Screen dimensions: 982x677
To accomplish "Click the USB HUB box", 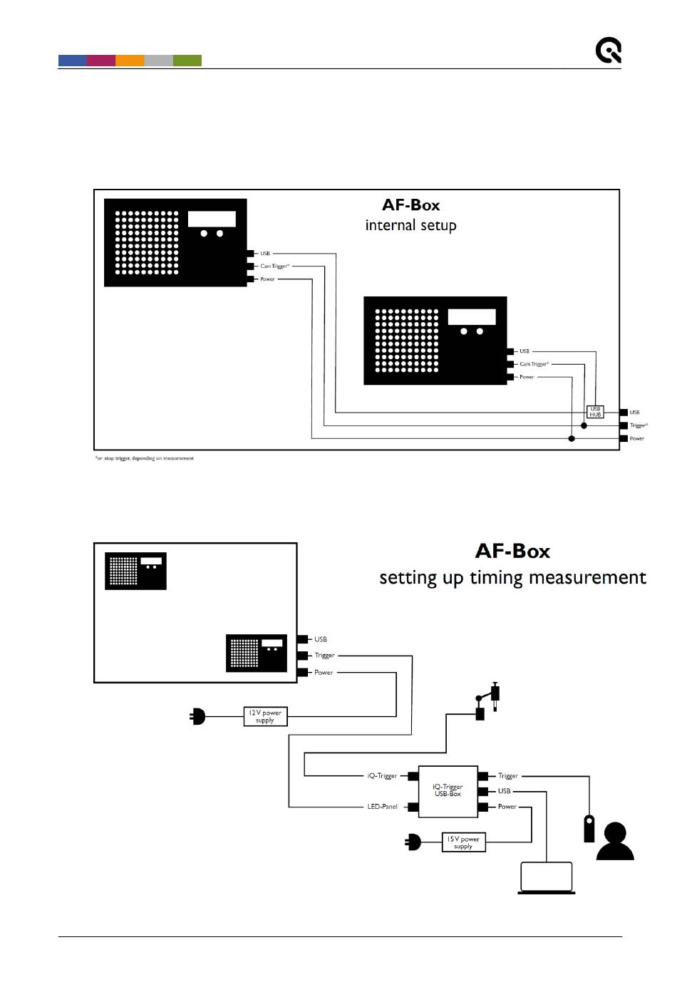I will tap(595, 412).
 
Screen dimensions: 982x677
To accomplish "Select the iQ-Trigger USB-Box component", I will tap(447, 791).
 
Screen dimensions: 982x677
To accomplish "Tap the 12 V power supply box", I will tap(265, 716).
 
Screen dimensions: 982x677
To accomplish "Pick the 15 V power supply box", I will tap(463, 842).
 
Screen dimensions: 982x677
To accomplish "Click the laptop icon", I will tap(547, 879).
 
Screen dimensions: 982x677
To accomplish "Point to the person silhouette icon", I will tap(614, 842).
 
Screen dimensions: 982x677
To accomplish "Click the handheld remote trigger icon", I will tap(589, 828).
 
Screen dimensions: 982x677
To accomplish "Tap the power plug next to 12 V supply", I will tap(198, 716).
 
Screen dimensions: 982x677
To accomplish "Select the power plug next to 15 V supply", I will tap(413, 843).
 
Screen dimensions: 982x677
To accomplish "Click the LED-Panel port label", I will tap(382, 807).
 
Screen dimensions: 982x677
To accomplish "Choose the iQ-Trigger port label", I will tap(382, 775).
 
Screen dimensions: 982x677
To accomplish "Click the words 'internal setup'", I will tap(410, 225).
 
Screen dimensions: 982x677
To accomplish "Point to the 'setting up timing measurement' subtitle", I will tap(512, 577).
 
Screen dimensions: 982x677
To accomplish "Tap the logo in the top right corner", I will tap(609, 51).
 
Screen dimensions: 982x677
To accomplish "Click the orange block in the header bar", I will tap(130, 61).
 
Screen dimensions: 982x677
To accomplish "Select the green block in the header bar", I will tap(187, 61).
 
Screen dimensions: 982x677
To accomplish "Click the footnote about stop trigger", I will tap(145, 458).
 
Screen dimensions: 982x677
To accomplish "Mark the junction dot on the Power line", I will tap(572, 438).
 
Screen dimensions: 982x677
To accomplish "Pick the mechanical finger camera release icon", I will tap(487, 702).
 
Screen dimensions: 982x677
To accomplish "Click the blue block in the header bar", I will tap(73, 61).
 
